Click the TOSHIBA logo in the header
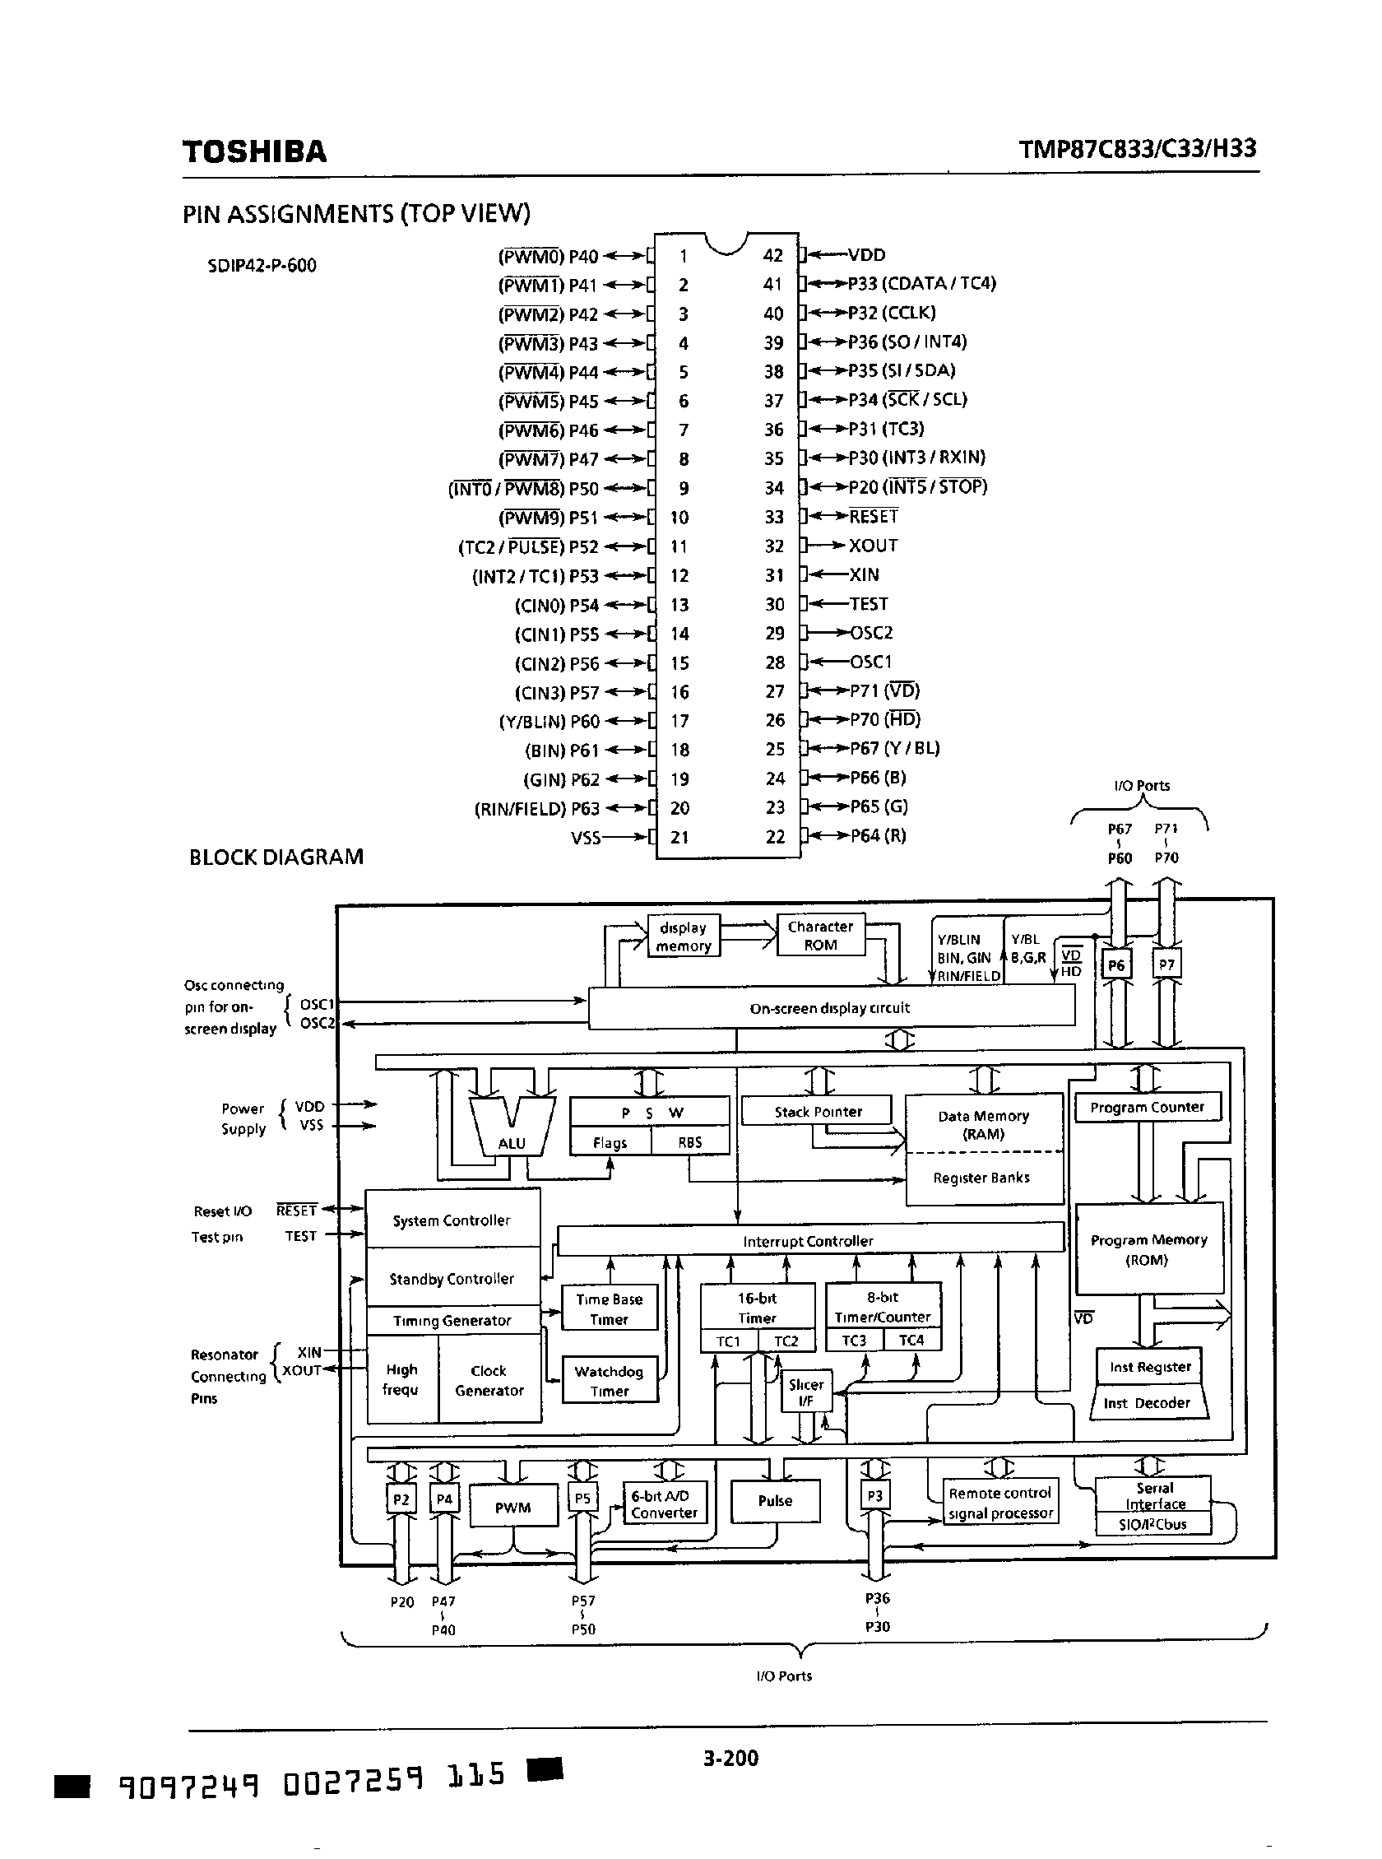pyautogui.click(x=254, y=151)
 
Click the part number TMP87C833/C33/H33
pyautogui.click(x=1137, y=149)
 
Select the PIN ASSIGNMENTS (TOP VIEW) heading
pyautogui.click(x=355, y=214)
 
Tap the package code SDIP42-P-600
pyautogui.click(x=262, y=266)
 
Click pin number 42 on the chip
pyautogui.click(x=772, y=255)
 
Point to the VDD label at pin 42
pyautogui.click(x=866, y=255)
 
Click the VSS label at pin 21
pyautogui.click(x=586, y=838)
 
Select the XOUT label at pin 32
pyautogui.click(x=874, y=546)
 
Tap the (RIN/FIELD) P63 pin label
pyautogui.click(x=536, y=809)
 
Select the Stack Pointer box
pyautogui.click(x=818, y=1111)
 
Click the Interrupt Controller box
pyautogui.click(x=807, y=1241)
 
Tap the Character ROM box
pyautogui.click(x=820, y=936)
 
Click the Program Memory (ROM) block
pyautogui.click(x=1148, y=1249)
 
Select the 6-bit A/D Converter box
pyautogui.click(x=664, y=1503)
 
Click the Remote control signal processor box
pyautogui.click(x=999, y=1503)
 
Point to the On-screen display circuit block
pyautogui.click(x=830, y=1008)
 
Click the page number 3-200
pyautogui.click(x=730, y=1757)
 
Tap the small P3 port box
pyautogui.click(x=874, y=1495)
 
